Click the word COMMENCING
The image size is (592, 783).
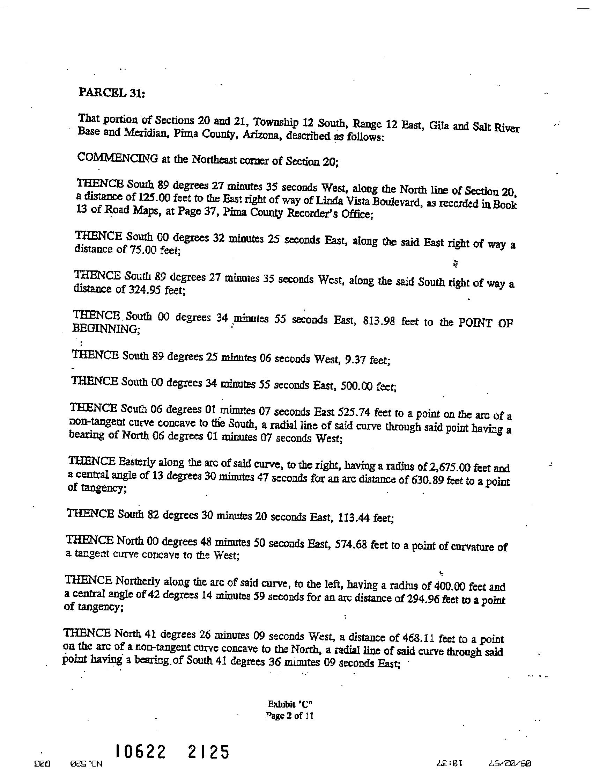117,158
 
